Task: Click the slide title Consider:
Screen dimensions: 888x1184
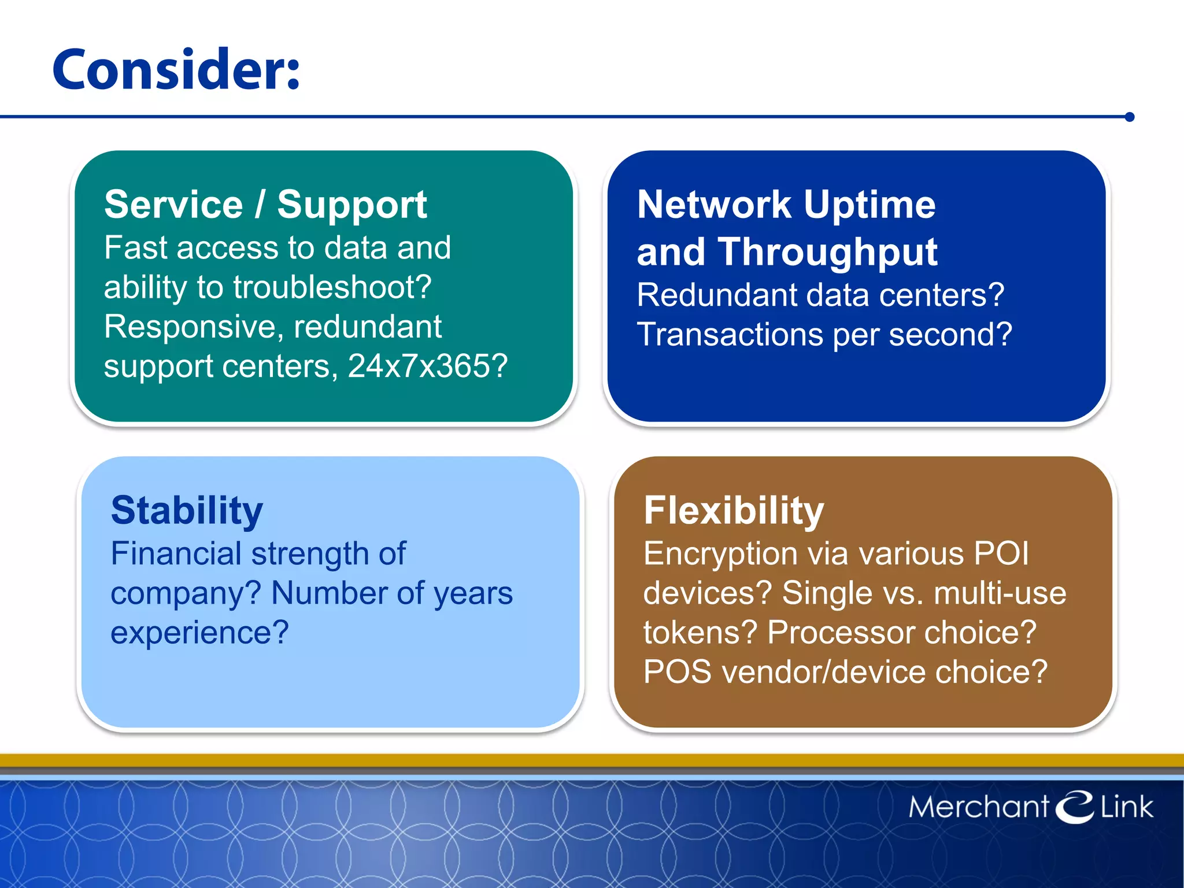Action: (x=176, y=71)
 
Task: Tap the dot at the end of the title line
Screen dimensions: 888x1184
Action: (x=1130, y=117)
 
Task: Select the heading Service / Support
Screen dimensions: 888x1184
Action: (x=265, y=205)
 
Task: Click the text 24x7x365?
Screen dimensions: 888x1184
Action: (x=427, y=366)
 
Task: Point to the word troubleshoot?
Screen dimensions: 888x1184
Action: (x=332, y=287)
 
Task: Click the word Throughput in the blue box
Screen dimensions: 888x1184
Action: (x=827, y=253)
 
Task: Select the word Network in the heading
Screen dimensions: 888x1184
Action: (x=714, y=205)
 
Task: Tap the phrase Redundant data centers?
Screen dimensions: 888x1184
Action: (x=820, y=295)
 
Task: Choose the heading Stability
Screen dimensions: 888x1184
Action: (x=187, y=510)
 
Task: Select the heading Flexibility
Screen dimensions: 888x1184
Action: (x=734, y=510)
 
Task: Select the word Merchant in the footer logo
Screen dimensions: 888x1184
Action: (x=978, y=807)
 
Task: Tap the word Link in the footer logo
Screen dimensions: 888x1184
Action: (x=1126, y=807)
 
